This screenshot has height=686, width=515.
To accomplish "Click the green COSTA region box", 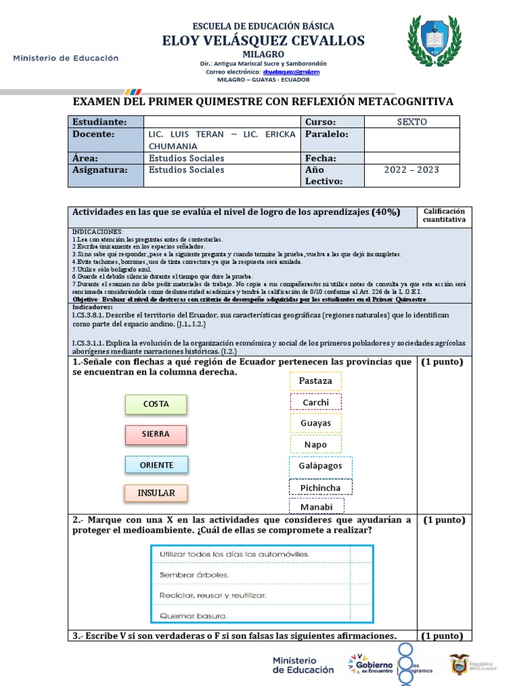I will point(156,404).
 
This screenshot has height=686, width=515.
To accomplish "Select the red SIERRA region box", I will point(156,434).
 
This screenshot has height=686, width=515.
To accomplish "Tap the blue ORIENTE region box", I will point(156,465).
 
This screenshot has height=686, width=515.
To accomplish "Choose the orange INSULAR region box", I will point(156,493).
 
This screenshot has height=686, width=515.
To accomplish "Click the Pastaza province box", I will point(315,381).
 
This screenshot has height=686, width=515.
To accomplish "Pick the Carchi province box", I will point(316,402).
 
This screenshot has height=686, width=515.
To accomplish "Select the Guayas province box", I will point(316,423).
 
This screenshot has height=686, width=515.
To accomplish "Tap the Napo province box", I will point(316,444).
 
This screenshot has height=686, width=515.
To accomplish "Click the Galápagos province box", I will point(321,466).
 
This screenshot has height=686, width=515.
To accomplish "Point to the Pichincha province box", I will point(321,488).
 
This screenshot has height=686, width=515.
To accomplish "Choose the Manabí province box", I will point(317,506).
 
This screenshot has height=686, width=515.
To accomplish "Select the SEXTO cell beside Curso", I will point(412,122).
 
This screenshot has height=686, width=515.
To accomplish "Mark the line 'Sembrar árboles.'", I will point(194,575).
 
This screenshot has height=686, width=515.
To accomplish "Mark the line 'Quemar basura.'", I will point(193,616).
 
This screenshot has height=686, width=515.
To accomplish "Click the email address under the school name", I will point(291,72).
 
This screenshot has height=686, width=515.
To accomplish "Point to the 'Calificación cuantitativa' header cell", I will point(444,216).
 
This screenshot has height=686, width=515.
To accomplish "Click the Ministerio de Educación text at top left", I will point(66,58).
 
